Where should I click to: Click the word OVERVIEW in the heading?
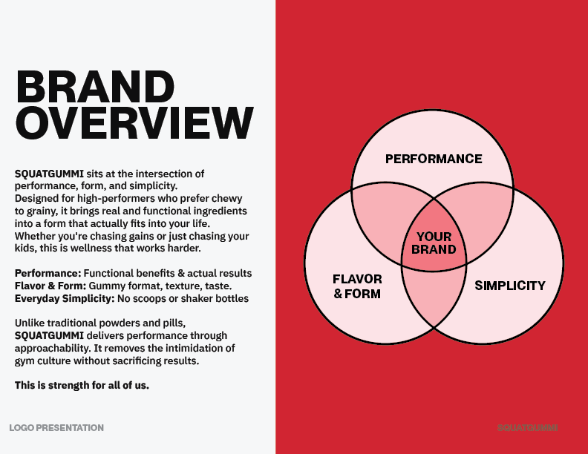coord(134,123)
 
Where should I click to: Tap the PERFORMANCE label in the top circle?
coord(434,159)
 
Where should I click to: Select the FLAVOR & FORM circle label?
coord(357,286)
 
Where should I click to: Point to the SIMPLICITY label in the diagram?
coord(510,285)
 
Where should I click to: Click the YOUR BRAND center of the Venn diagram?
coord(434,243)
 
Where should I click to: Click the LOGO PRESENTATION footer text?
coord(56,427)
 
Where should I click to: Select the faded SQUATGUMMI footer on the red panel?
coord(528,427)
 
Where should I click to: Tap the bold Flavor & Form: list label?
coord(50,286)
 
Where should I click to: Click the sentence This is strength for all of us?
coord(82,385)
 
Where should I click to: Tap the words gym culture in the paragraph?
coord(42,361)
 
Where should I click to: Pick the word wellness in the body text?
coord(91,248)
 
